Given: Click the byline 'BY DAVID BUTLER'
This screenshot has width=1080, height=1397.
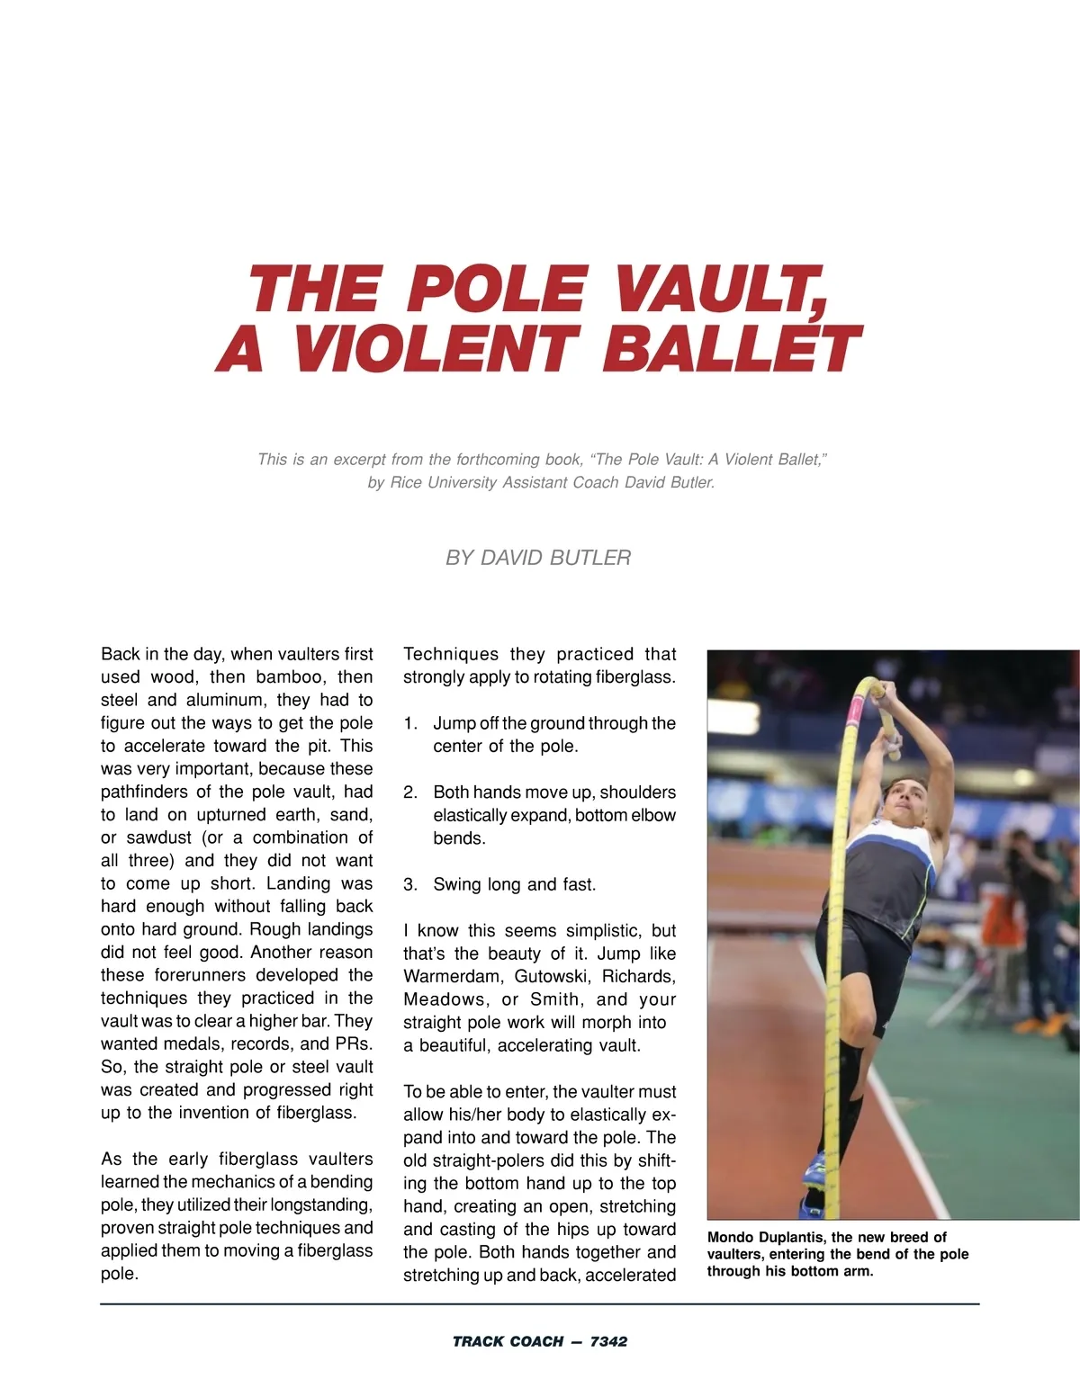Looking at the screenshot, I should (x=538, y=558).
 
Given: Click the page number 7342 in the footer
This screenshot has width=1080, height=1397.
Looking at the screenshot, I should (x=608, y=1341).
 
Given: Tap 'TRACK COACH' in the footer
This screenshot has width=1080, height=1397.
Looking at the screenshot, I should (x=508, y=1341).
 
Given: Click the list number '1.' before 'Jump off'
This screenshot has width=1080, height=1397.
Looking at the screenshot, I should (x=410, y=723).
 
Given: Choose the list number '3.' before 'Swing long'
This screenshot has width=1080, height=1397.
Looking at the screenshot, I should (x=410, y=884).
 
